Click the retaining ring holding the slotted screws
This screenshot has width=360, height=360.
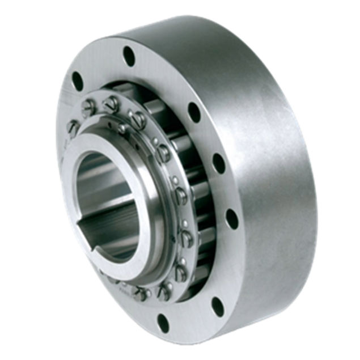(x=164, y=170)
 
